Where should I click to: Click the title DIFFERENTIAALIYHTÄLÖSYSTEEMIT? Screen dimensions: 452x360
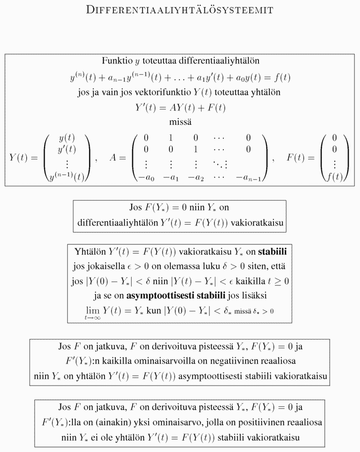(180, 10)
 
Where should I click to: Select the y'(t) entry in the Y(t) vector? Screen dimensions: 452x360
(67, 149)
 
